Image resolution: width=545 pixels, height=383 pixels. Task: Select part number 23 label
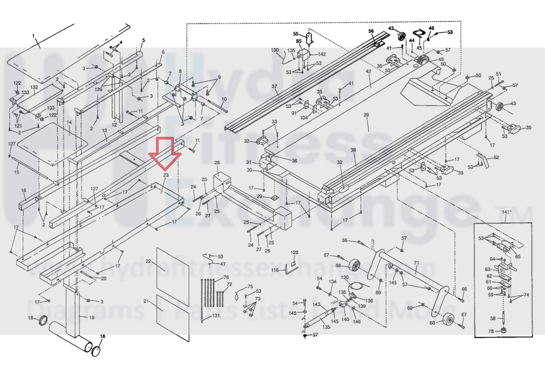(x=165, y=175)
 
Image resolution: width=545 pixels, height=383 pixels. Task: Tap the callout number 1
(x=33, y=36)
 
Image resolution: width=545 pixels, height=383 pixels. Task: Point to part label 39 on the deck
(x=366, y=115)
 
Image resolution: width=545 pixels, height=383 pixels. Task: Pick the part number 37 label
(x=274, y=87)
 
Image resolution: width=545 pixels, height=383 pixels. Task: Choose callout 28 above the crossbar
(x=217, y=163)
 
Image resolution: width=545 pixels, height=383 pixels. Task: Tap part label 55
(x=296, y=34)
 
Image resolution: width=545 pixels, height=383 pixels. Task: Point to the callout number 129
(x=294, y=253)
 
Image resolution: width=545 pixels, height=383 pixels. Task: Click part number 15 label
(x=16, y=172)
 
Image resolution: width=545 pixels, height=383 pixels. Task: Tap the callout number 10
(x=224, y=99)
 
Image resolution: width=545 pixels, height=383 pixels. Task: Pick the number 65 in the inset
(x=518, y=256)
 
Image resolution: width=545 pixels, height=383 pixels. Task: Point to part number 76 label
(x=226, y=278)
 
